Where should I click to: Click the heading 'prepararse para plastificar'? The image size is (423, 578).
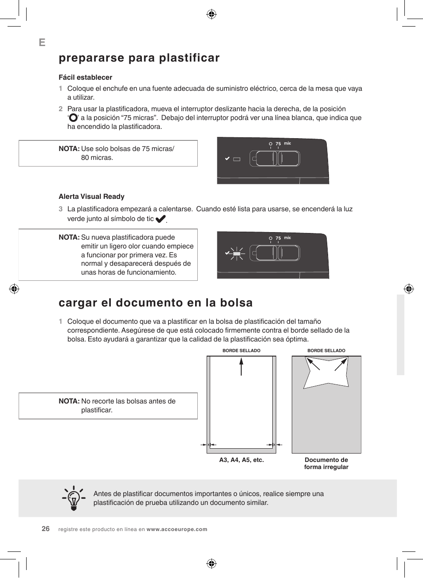139,58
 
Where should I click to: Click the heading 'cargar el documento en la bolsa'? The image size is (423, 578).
156,303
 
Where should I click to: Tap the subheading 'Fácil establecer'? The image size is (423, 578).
85,78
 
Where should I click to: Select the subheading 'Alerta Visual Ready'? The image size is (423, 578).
91,197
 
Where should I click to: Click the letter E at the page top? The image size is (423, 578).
42,43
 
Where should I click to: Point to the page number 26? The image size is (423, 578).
46,529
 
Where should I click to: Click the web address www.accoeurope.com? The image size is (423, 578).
176,529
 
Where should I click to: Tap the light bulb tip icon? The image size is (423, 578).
73,498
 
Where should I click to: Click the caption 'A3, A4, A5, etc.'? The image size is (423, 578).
241,460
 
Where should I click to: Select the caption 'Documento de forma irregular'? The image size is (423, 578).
326,463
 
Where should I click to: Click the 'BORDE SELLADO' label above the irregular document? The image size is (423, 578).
326,351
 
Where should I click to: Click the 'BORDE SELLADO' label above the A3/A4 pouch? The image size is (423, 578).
241,351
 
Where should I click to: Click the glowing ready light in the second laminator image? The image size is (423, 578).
237,253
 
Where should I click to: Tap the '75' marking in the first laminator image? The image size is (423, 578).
278,144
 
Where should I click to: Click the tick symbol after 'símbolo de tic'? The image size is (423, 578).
161,219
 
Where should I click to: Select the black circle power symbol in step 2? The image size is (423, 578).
74,118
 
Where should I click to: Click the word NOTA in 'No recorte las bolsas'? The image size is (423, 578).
69,401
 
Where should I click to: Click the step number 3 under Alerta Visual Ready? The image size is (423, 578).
61,209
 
